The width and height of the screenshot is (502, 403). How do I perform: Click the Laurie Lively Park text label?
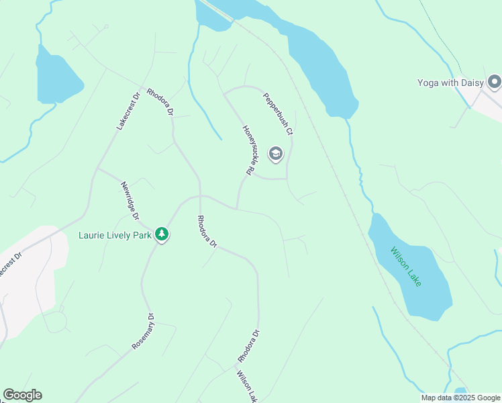(115, 235)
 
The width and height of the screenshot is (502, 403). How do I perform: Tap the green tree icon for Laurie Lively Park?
(161, 234)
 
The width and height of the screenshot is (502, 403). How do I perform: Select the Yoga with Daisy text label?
(451, 83)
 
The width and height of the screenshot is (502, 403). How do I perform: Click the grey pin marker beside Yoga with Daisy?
(495, 83)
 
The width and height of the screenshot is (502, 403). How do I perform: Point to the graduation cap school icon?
(275, 154)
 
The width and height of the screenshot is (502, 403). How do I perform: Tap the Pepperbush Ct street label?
(278, 114)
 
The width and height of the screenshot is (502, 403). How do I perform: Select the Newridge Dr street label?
(130, 200)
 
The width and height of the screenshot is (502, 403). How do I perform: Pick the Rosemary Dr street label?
(143, 331)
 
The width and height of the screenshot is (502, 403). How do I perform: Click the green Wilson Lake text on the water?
(407, 267)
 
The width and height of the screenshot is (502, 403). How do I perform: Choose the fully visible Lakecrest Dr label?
(128, 111)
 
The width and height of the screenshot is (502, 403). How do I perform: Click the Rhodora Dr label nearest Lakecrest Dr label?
(160, 101)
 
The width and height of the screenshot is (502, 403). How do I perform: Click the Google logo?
(22, 395)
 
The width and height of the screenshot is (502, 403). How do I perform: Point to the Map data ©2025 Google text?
(460, 398)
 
